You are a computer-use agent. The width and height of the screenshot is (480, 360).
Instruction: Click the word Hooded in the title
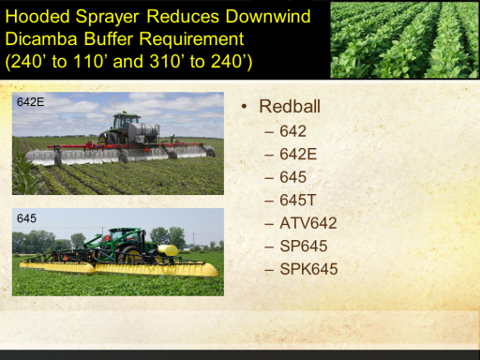coord(37,16)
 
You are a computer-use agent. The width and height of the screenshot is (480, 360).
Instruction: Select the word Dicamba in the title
coord(41,39)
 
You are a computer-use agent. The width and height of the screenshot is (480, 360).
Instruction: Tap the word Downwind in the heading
coord(268,16)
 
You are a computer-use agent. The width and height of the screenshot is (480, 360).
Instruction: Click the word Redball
coord(290,106)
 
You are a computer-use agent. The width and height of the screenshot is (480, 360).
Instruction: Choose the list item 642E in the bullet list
coord(298,154)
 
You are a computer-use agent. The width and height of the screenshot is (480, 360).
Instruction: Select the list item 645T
coord(298,200)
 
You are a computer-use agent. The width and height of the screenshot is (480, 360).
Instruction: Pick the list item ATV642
coord(308,223)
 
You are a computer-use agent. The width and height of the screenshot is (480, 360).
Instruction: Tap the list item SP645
coord(304,246)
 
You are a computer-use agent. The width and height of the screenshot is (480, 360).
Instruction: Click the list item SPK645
coord(308,269)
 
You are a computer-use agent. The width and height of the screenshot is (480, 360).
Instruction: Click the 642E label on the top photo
coord(30,102)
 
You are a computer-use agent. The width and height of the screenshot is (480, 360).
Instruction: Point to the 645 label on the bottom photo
coord(26,218)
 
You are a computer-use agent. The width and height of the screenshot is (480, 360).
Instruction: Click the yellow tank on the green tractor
coord(168,250)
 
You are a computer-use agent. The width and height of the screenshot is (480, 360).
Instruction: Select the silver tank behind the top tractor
coord(143,130)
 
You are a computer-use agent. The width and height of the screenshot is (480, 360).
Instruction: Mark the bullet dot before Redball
coord(244,107)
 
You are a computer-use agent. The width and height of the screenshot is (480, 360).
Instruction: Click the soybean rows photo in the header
coord(404,40)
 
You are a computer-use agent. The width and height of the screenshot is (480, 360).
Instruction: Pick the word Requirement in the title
coord(191,39)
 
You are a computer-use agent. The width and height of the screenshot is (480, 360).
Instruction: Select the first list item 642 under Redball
coord(292,131)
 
